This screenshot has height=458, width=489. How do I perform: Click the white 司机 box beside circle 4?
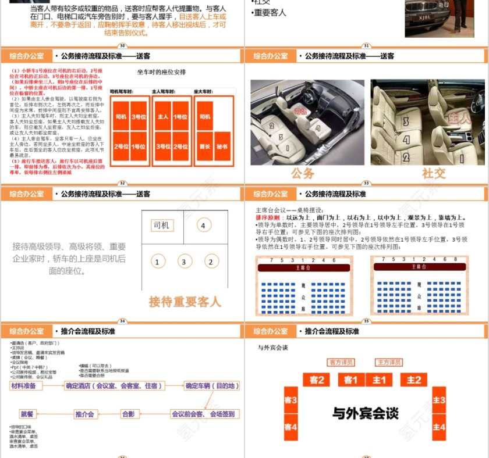161,226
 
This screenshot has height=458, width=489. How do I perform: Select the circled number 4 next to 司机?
203,226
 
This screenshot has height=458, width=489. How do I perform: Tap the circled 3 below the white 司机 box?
184,262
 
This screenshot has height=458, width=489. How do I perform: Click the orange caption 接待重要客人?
185,302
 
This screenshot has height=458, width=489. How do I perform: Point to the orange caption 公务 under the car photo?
303,173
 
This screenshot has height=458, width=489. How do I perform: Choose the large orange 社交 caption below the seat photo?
434,173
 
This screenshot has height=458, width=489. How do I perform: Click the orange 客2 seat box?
317,380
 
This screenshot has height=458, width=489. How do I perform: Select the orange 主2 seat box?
414,380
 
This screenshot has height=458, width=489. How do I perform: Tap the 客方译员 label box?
341,362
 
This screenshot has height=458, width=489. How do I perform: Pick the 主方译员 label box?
389,362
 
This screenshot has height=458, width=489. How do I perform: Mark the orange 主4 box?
439,427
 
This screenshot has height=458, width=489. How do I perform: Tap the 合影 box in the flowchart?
128,414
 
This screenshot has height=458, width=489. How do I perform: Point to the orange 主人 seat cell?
163,117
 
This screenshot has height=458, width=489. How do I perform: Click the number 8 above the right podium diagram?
463,259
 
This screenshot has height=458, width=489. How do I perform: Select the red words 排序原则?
268,217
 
